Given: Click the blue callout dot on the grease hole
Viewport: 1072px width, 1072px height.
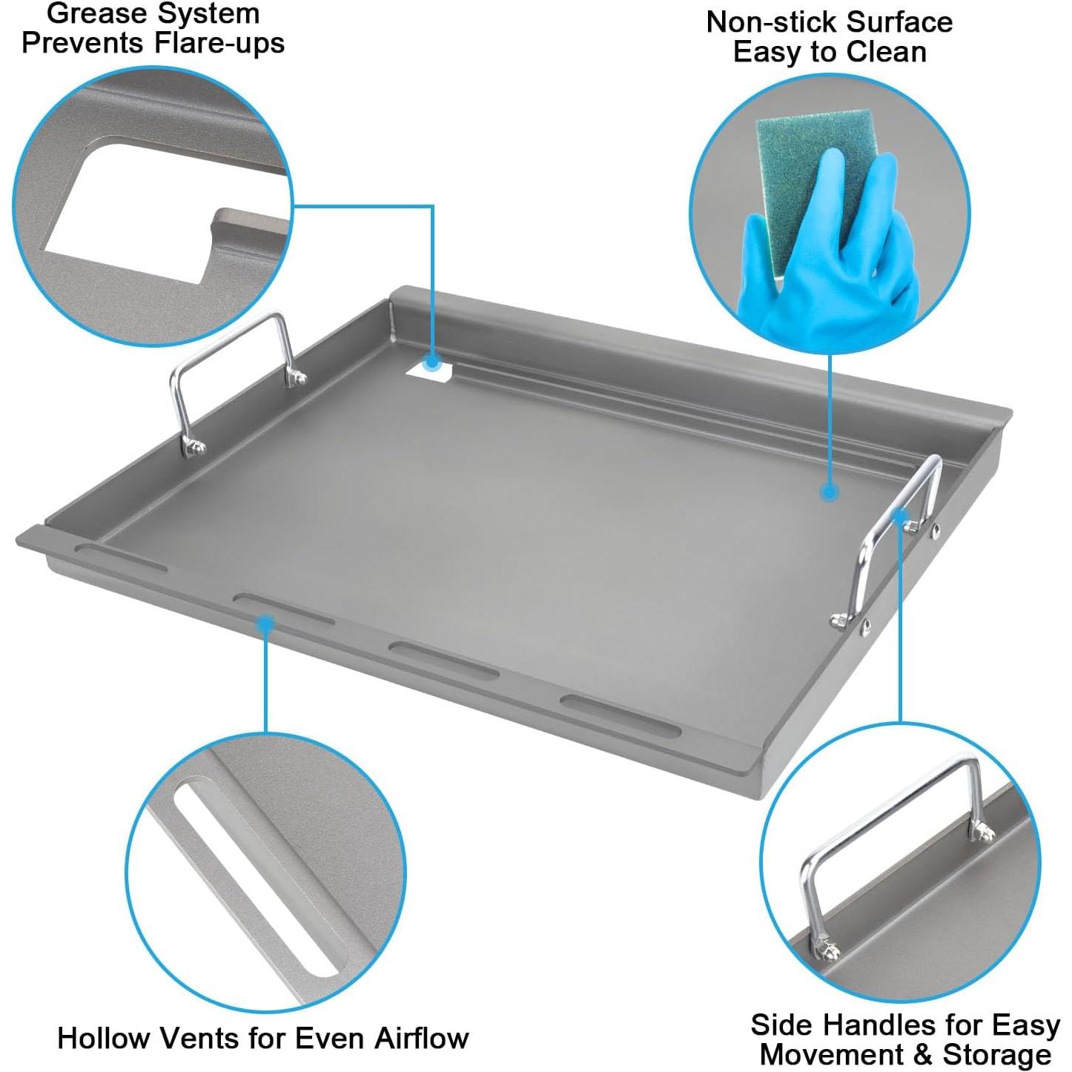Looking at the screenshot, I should (432, 362).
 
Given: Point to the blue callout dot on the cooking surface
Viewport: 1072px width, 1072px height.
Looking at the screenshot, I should (830, 491).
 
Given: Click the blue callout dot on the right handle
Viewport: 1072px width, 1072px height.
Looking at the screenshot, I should (901, 517).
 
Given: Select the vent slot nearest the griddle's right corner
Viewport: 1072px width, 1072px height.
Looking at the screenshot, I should (620, 715).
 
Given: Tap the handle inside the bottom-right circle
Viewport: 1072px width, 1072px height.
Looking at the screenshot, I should (890, 838).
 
